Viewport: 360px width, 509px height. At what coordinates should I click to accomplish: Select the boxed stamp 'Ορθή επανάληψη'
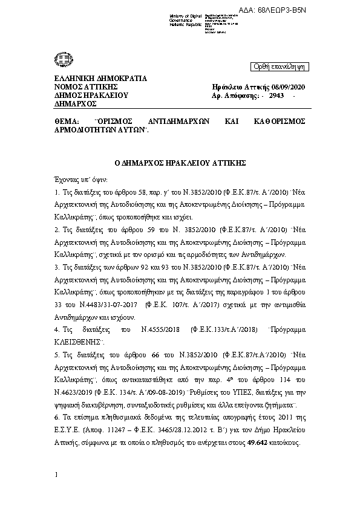[278, 66]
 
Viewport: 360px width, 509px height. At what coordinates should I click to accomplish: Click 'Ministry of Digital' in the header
[184, 16]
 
